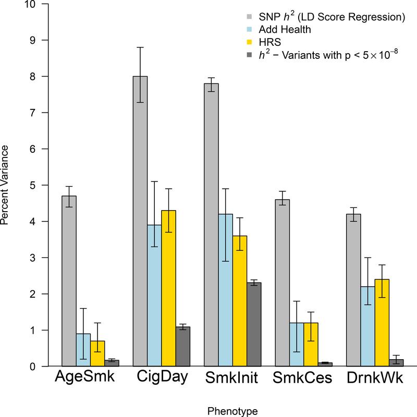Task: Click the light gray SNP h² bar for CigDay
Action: click(140, 222)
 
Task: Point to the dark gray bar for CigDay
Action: click(183, 347)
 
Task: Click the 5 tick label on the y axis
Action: click(32, 185)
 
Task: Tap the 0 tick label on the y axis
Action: click(32, 366)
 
